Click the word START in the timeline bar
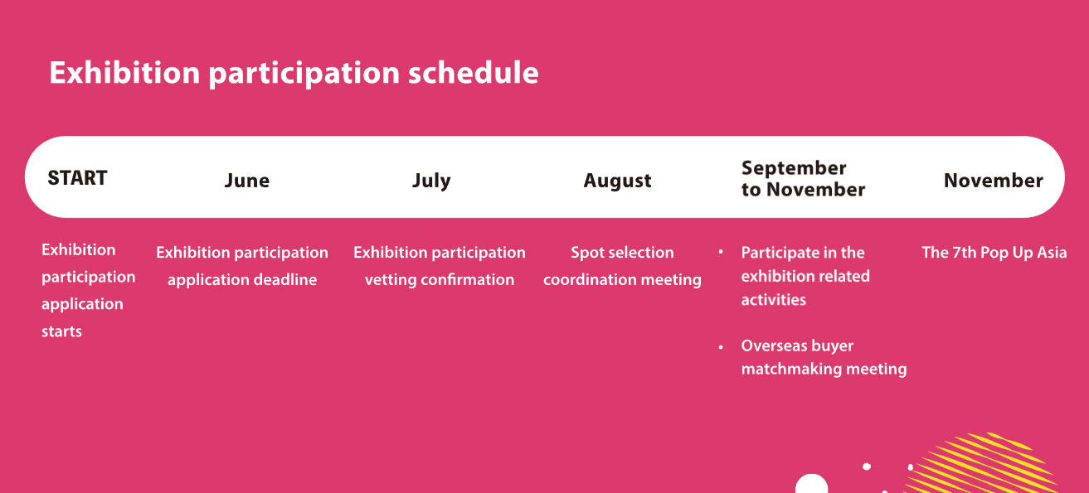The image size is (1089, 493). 77,178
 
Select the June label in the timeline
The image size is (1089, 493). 247,181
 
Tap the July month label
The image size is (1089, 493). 431,181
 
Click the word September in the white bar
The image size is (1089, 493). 794,168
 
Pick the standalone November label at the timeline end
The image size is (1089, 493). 994,181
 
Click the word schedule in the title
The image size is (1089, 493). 473,73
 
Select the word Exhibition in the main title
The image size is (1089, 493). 125,73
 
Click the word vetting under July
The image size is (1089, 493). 391,280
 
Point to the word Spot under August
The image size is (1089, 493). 587,253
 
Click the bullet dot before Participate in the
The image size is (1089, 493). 721,252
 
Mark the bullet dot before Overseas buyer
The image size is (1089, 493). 721,347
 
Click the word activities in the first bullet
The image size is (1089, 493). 774,300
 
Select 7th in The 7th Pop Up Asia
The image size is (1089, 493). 964,253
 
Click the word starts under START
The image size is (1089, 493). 61,331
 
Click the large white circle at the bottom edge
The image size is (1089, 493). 811,484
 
